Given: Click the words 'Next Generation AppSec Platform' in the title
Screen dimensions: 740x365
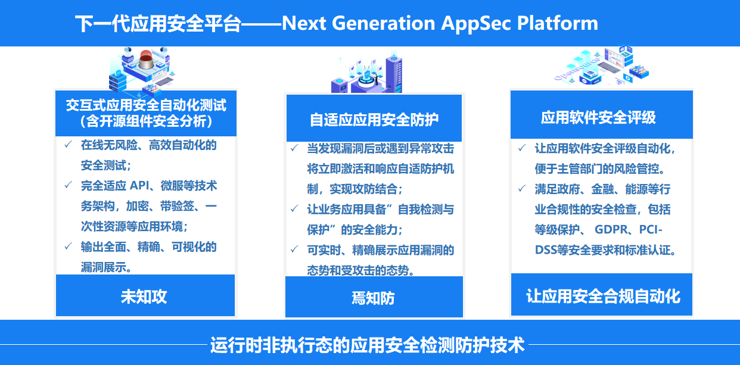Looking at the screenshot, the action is point(440,23).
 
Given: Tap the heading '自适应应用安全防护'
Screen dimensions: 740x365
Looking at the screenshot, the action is point(374,120).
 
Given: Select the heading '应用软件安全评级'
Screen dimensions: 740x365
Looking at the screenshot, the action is point(598,117).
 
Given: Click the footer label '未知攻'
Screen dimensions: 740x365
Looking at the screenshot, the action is point(144,297).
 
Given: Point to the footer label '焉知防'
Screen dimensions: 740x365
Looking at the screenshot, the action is point(373,298).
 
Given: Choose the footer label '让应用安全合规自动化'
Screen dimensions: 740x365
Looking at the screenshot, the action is point(603,296).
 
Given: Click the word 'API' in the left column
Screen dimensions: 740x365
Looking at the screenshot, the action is point(139,186).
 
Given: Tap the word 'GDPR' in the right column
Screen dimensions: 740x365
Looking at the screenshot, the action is point(611,229).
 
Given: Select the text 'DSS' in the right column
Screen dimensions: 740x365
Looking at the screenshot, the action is point(546,250).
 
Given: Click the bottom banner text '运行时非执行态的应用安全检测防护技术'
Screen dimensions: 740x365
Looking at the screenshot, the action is point(368,345).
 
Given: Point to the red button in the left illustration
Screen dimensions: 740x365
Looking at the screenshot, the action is point(146,60).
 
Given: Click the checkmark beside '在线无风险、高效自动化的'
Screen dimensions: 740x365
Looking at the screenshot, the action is point(68,144).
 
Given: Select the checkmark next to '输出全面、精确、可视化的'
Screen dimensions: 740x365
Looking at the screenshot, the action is point(68,246).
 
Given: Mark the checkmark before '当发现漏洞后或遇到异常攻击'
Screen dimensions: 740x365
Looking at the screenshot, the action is point(294,148).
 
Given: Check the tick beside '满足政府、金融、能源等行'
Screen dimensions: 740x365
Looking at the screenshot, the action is point(522,188).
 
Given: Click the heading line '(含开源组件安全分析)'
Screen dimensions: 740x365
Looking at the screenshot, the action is point(146,121).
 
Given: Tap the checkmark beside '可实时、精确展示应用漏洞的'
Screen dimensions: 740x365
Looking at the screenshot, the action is point(294,249).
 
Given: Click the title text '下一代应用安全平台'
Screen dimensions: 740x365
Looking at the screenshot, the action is point(158,24).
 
